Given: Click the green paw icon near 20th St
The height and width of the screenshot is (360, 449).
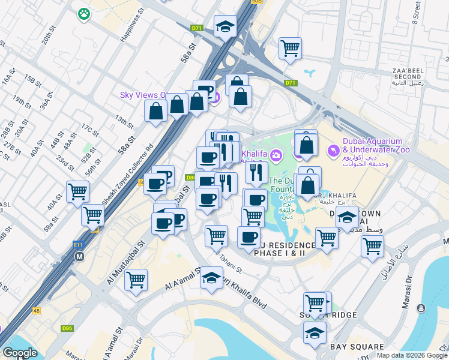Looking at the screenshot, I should click(83, 13).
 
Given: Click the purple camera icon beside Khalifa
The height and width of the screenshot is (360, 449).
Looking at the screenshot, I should click(276, 156).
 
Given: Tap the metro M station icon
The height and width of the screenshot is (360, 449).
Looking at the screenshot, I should click(79, 256).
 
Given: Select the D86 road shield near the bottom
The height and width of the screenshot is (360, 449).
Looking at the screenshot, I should click(67, 328).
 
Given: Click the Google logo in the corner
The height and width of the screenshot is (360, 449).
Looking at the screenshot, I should click(20, 353).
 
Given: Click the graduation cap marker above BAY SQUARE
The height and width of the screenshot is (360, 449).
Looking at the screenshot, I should click(315, 332).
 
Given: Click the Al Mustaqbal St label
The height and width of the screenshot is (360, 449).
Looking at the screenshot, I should click(126, 263).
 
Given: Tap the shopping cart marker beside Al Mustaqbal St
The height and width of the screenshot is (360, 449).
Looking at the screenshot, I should click(136, 279).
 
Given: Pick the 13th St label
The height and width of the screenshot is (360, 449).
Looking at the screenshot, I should click(124, 122).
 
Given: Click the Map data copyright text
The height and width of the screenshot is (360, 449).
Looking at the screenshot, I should click(412, 355).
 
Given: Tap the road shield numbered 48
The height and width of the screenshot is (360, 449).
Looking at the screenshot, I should click(37, 310).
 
